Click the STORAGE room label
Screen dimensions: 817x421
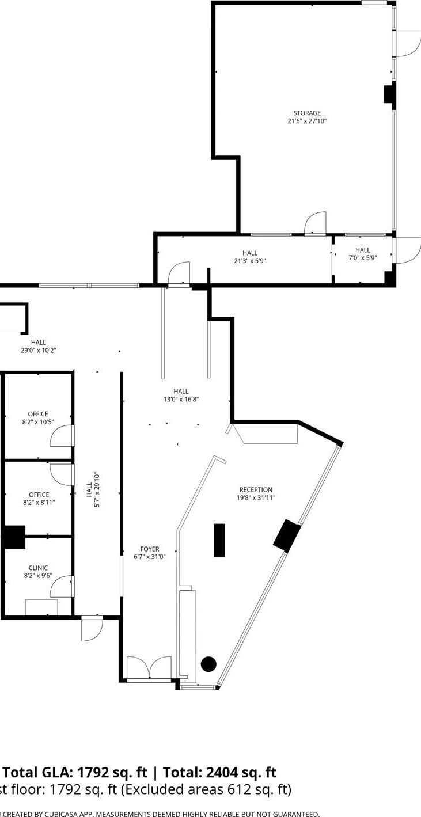click(x=307, y=113)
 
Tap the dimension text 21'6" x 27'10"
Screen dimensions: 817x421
click(x=307, y=121)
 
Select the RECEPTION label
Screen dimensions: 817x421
click(x=256, y=490)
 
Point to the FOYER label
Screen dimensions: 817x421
click(x=150, y=549)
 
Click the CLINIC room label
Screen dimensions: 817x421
click(x=38, y=568)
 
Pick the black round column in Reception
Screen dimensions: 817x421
click(x=208, y=664)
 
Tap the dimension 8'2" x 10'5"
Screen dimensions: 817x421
click(x=38, y=421)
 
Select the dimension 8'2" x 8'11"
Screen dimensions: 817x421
click(x=38, y=502)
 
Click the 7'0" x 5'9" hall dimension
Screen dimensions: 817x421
click(x=363, y=258)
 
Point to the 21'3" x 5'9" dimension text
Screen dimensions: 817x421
click(x=250, y=261)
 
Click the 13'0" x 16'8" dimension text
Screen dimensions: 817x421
click(x=181, y=399)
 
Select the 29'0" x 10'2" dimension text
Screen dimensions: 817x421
click(x=38, y=350)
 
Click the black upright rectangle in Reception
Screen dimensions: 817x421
click(x=219, y=540)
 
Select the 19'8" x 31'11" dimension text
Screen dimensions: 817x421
click(x=256, y=498)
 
